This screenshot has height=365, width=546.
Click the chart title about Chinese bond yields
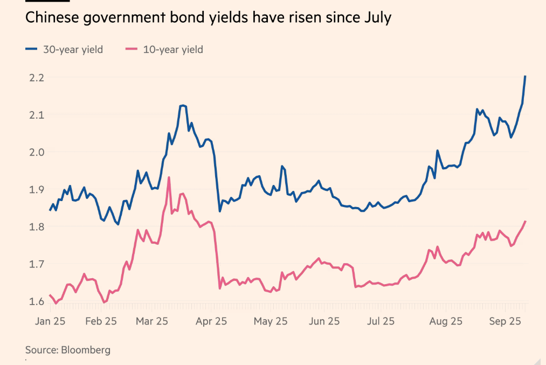pyautogui.click(x=208, y=18)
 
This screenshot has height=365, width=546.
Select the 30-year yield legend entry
pyautogui.click(x=64, y=50)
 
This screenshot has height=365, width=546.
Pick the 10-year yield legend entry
pyautogui.click(x=164, y=50)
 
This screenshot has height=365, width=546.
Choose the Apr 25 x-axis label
pyautogui.click(x=212, y=321)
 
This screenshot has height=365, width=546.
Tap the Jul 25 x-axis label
pyautogui.click(x=381, y=321)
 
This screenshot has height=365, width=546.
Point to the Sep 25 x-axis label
pyautogui.click(x=505, y=321)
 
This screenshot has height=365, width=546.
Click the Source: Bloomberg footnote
pyautogui.click(x=68, y=350)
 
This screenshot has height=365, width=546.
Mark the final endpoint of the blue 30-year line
pyautogui.click(x=525, y=77)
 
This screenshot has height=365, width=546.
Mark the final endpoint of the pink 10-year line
pyautogui.click(x=525, y=222)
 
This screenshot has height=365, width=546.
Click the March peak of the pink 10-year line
pyautogui.click(x=169, y=177)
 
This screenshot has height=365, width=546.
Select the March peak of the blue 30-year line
pyautogui.click(x=183, y=105)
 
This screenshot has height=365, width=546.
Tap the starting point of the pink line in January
pyautogui.click(x=50, y=295)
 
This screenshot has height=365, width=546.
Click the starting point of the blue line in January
pyautogui.click(x=50, y=210)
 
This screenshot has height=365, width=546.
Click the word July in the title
pyautogui.click(x=378, y=18)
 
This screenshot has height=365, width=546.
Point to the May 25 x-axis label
pyautogui.click(x=270, y=321)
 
